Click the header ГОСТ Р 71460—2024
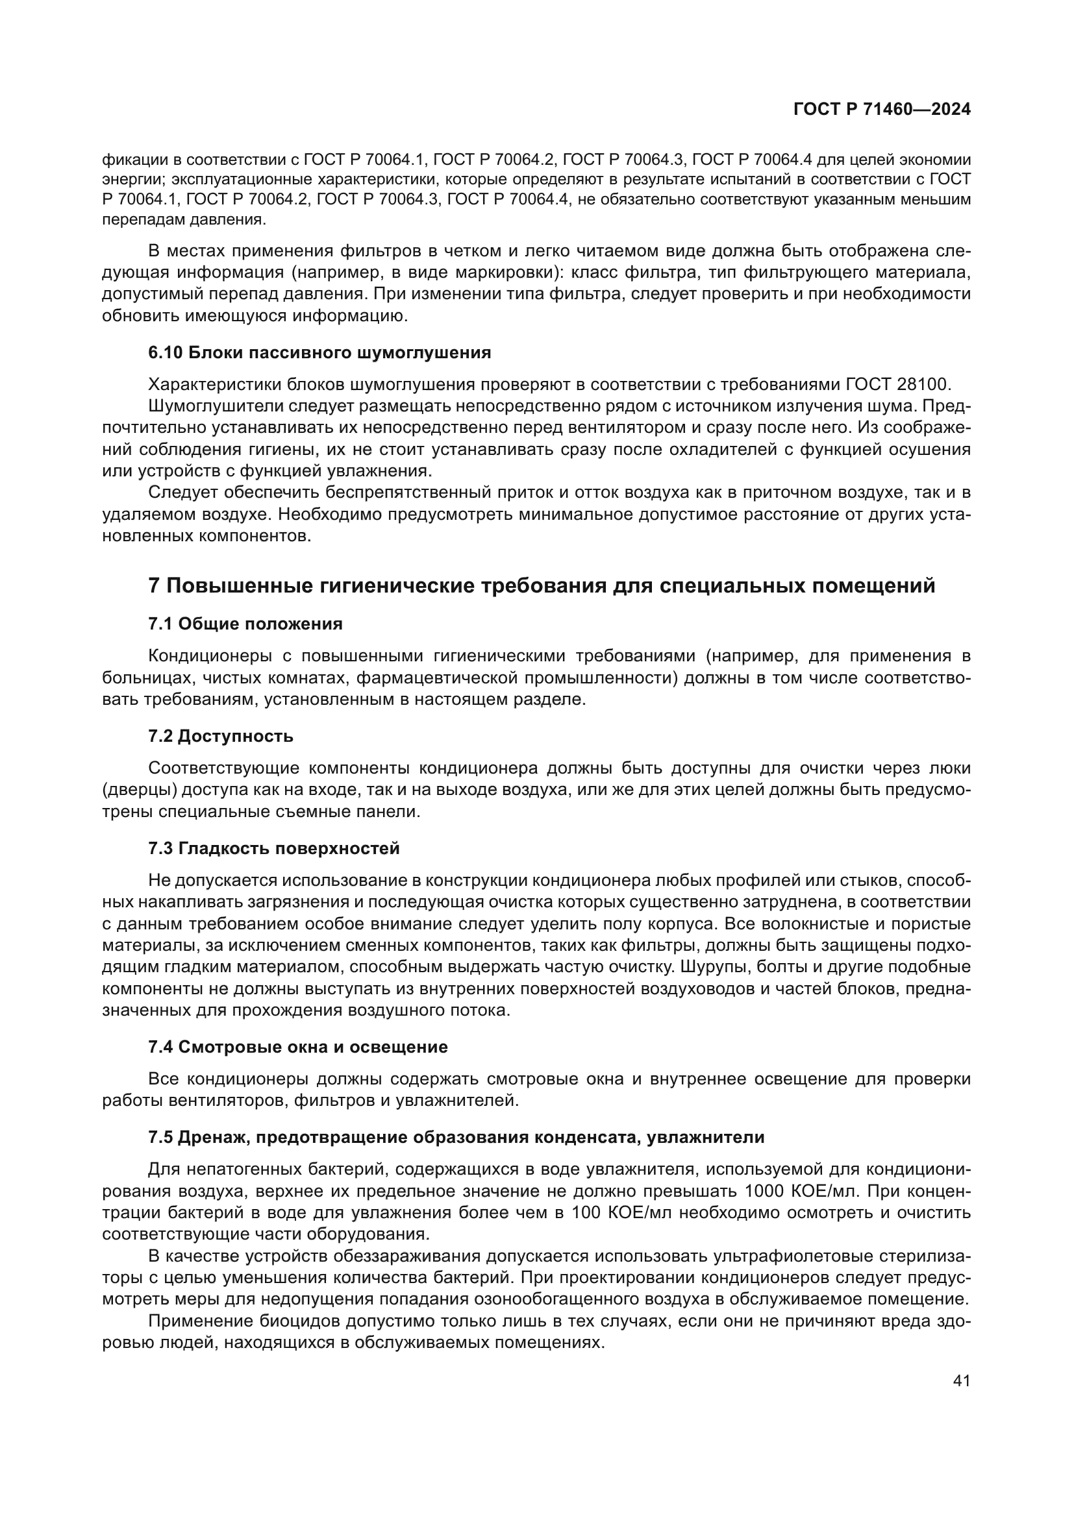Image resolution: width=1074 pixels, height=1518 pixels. [882, 110]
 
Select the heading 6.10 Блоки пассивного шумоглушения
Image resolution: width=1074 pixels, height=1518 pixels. [319, 352]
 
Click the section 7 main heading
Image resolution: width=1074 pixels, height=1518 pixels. [542, 586]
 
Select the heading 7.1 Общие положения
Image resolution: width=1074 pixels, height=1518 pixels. [245, 624]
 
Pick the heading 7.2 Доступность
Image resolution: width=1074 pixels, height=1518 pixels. [221, 736]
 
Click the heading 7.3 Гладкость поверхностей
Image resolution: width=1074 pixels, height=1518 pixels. [274, 848]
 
